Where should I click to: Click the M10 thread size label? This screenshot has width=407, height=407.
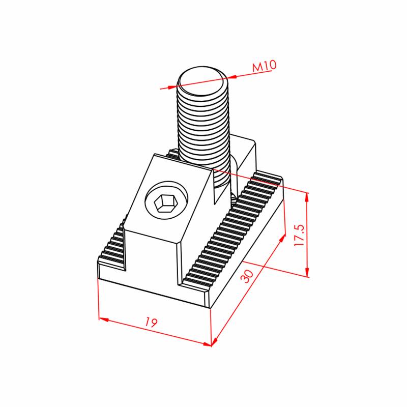265,66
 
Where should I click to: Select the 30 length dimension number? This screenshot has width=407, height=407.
246,276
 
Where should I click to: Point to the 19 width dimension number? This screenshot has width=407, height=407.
151,322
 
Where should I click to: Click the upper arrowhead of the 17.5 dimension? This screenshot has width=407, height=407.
307,197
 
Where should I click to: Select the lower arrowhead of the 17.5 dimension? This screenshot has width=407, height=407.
307,272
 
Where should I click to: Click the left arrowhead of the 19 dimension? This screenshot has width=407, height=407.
104,319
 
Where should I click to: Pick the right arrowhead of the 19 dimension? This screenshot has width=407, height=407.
207,344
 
